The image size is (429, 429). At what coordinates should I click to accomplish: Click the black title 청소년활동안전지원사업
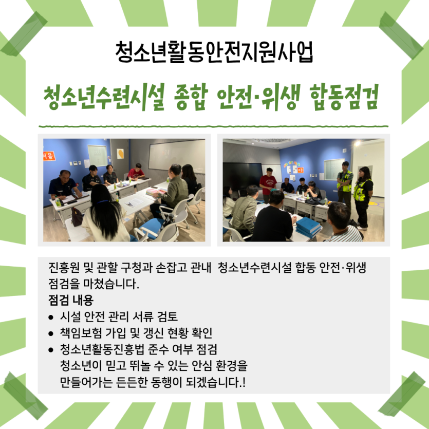(214, 52)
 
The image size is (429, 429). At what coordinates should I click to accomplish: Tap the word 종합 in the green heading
(191, 97)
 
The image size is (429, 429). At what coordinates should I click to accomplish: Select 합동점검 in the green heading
(344, 97)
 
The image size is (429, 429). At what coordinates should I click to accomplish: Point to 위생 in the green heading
(281, 97)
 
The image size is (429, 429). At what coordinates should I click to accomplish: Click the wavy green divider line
(213, 126)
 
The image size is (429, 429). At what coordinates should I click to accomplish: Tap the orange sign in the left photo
(49, 156)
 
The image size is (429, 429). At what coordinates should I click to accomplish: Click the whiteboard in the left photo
(177, 154)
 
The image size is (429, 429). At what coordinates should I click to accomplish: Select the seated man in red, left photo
(136, 173)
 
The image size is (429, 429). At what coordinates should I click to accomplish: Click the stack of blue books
(308, 228)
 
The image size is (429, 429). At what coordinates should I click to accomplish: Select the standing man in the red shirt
(268, 184)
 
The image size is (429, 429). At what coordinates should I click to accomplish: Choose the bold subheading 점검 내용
(71, 300)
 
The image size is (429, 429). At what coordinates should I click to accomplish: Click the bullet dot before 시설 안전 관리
(51, 318)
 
